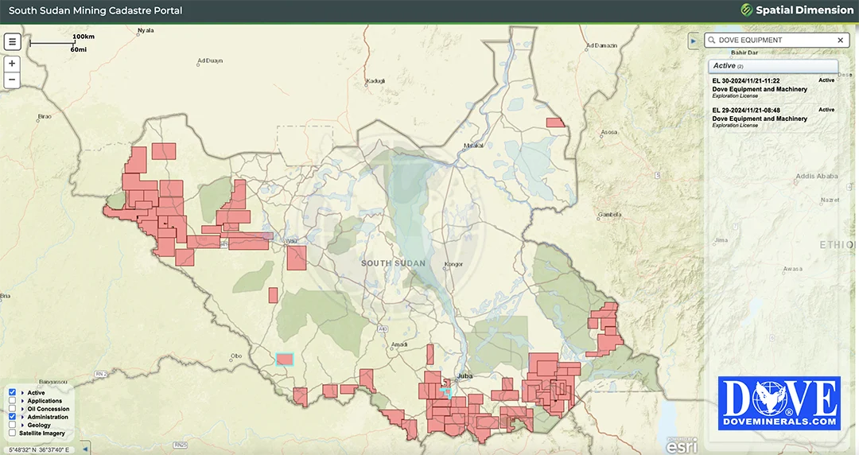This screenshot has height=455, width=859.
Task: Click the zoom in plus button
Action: pyautogui.click(x=12, y=64)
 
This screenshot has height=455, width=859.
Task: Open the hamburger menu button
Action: pyautogui.click(x=12, y=42)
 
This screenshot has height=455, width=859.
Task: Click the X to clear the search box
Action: pyautogui.click(x=841, y=40)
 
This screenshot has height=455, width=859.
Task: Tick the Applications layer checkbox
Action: pyautogui.click(x=13, y=401)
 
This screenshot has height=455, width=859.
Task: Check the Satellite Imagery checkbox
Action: pyautogui.click(x=13, y=434)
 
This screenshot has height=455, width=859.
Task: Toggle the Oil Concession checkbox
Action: pyautogui.click(x=13, y=409)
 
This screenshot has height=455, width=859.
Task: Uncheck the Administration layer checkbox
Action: pyautogui.click(x=13, y=417)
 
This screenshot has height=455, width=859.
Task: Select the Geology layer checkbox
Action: pyautogui.click(x=13, y=426)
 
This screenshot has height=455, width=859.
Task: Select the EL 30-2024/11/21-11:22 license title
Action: pyautogui.click(x=746, y=81)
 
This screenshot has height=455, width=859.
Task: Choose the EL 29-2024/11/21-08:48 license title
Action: pyautogui.click(x=746, y=110)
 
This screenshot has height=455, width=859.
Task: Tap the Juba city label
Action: pyautogui.click(x=464, y=376)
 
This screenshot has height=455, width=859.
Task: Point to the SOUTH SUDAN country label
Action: pyautogui.click(x=393, y=263)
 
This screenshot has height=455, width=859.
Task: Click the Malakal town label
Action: pyautogui.click(x=473, y=146)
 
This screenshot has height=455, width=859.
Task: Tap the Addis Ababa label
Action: pyautogui.click(x=816, y=176)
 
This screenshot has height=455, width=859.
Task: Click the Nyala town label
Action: pyautogui.click(x=145, y=31)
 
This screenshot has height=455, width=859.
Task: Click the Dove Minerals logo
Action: pyautogui.click(x=779, y=403)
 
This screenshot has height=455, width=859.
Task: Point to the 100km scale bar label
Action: pyautogui.click(x=84, y=37)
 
